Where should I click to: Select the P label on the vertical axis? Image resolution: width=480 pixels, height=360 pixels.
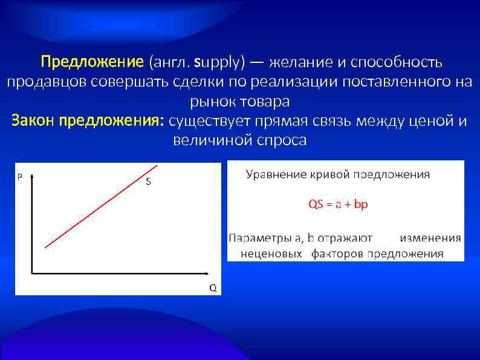(x=20, y=177)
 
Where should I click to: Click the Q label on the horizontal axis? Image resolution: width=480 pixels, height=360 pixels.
(x=212, y=287)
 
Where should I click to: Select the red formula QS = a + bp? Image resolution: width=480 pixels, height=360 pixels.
(x=338, y=205)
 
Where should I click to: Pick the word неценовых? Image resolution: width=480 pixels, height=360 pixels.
(x=271, y=254)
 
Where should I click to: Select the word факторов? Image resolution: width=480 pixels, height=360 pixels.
(x=337, y=254)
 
